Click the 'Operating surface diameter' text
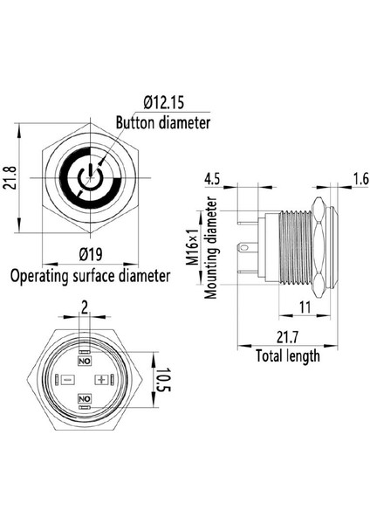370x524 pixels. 90,277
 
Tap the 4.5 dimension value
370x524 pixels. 212,181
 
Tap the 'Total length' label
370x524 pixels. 287,356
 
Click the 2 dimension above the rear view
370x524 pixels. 85,307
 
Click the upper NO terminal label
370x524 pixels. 85,361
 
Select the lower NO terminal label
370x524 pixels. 85,398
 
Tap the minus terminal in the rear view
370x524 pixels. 67,380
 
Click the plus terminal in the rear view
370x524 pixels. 102,380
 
